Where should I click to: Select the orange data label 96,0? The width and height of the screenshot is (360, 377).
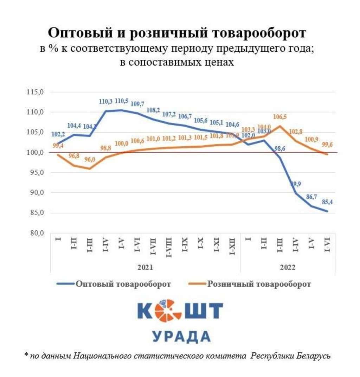(90, 159)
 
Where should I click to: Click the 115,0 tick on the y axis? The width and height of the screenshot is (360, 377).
(36, 92)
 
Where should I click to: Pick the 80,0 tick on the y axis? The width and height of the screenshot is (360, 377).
(36, 233)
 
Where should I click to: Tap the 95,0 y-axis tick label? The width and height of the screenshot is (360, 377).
(36, 173)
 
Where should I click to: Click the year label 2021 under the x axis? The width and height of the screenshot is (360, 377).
(145, 267)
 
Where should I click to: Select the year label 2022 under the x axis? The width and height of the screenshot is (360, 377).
(288, 267)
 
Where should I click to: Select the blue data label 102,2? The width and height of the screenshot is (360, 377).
(58, 134)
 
